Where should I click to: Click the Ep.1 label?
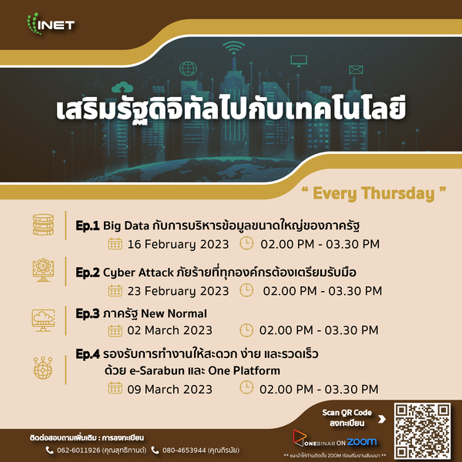point(88,226)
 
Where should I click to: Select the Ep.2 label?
point(88,272)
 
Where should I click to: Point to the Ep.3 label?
point(88,313)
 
